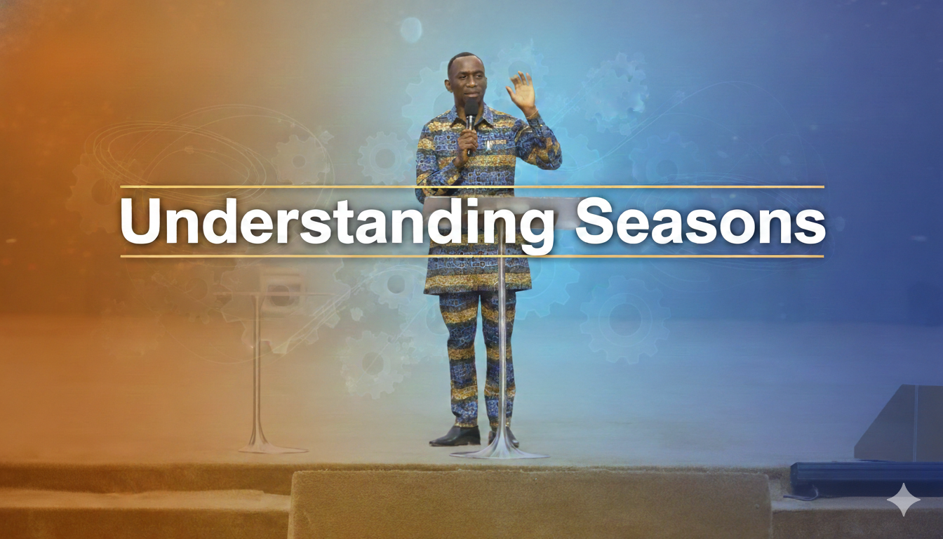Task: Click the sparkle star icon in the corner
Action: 903,500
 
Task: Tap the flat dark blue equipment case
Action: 866,477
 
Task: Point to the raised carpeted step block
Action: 530,504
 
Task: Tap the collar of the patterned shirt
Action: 483,112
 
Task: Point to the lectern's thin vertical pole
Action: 502,351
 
